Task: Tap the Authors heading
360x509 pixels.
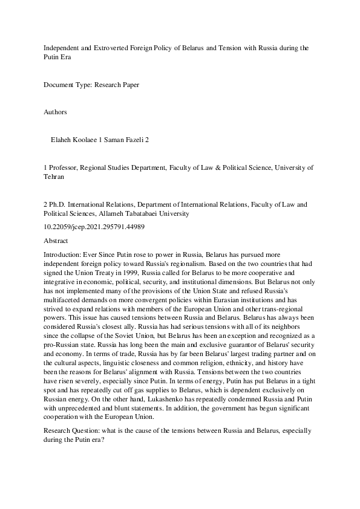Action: [56, 112]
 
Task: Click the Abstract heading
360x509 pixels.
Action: [56, 241]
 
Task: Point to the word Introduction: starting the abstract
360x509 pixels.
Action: [64, 255]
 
